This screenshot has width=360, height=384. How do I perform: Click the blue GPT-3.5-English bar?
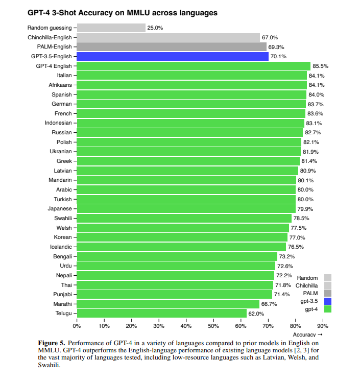[x=173, y=57]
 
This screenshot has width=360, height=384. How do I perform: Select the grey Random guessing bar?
[x=111, y=28]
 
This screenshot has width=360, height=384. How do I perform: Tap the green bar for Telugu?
[x=162, y=314]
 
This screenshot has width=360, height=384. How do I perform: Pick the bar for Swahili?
[x=184, y=218]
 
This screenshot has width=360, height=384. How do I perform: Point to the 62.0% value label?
[x=256, y=314]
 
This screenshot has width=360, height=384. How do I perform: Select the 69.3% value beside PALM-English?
[x=276, y=47]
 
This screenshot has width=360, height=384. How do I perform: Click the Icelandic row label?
[x=61, y=247]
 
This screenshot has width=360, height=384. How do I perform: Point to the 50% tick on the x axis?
[x=213, y=325]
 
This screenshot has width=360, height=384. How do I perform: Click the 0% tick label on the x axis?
[x=77, y=325]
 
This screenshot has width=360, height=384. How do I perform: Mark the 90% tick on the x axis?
[x=323, y=325]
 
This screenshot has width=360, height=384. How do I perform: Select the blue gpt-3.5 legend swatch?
[x=327, y=301]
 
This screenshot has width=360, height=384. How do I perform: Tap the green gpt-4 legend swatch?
[x=327, y=309]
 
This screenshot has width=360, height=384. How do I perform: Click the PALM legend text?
[x=310, y=294]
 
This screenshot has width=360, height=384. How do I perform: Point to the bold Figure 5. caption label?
[x=52, y=342]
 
